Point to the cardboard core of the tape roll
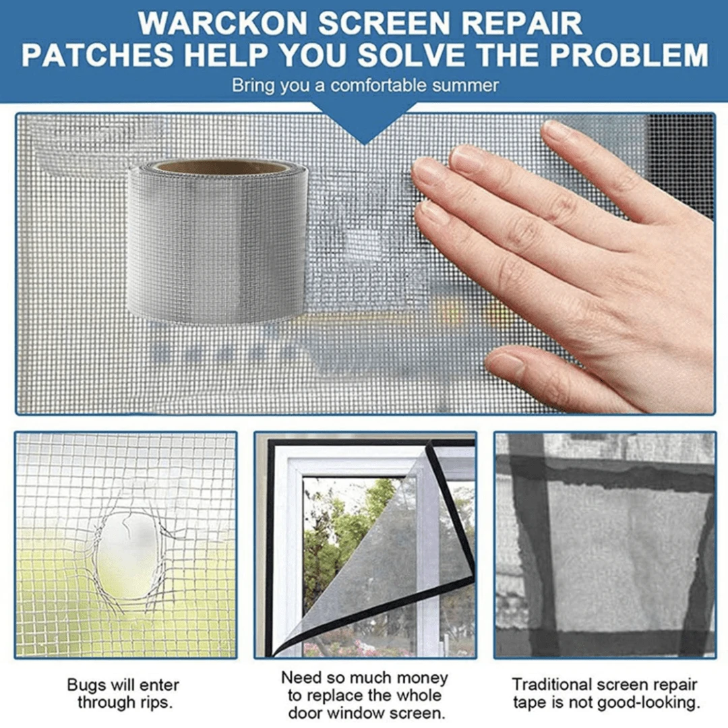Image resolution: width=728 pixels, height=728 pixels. coord(217,166)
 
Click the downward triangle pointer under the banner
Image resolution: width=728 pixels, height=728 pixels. coord(365,128)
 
